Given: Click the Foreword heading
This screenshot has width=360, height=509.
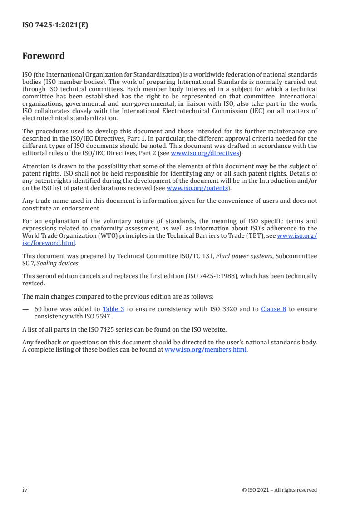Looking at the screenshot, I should [x=44, y=56].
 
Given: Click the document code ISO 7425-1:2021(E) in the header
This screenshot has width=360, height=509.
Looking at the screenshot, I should [x=55, y=25].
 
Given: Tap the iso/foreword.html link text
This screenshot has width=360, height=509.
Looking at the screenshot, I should [x=49, y=243].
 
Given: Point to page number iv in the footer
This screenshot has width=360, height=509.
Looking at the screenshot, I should [x=25, y=489].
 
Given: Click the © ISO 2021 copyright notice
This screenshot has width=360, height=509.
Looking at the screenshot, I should [x=280, y=490].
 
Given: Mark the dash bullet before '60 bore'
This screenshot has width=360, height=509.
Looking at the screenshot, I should [x=25, y=309].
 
